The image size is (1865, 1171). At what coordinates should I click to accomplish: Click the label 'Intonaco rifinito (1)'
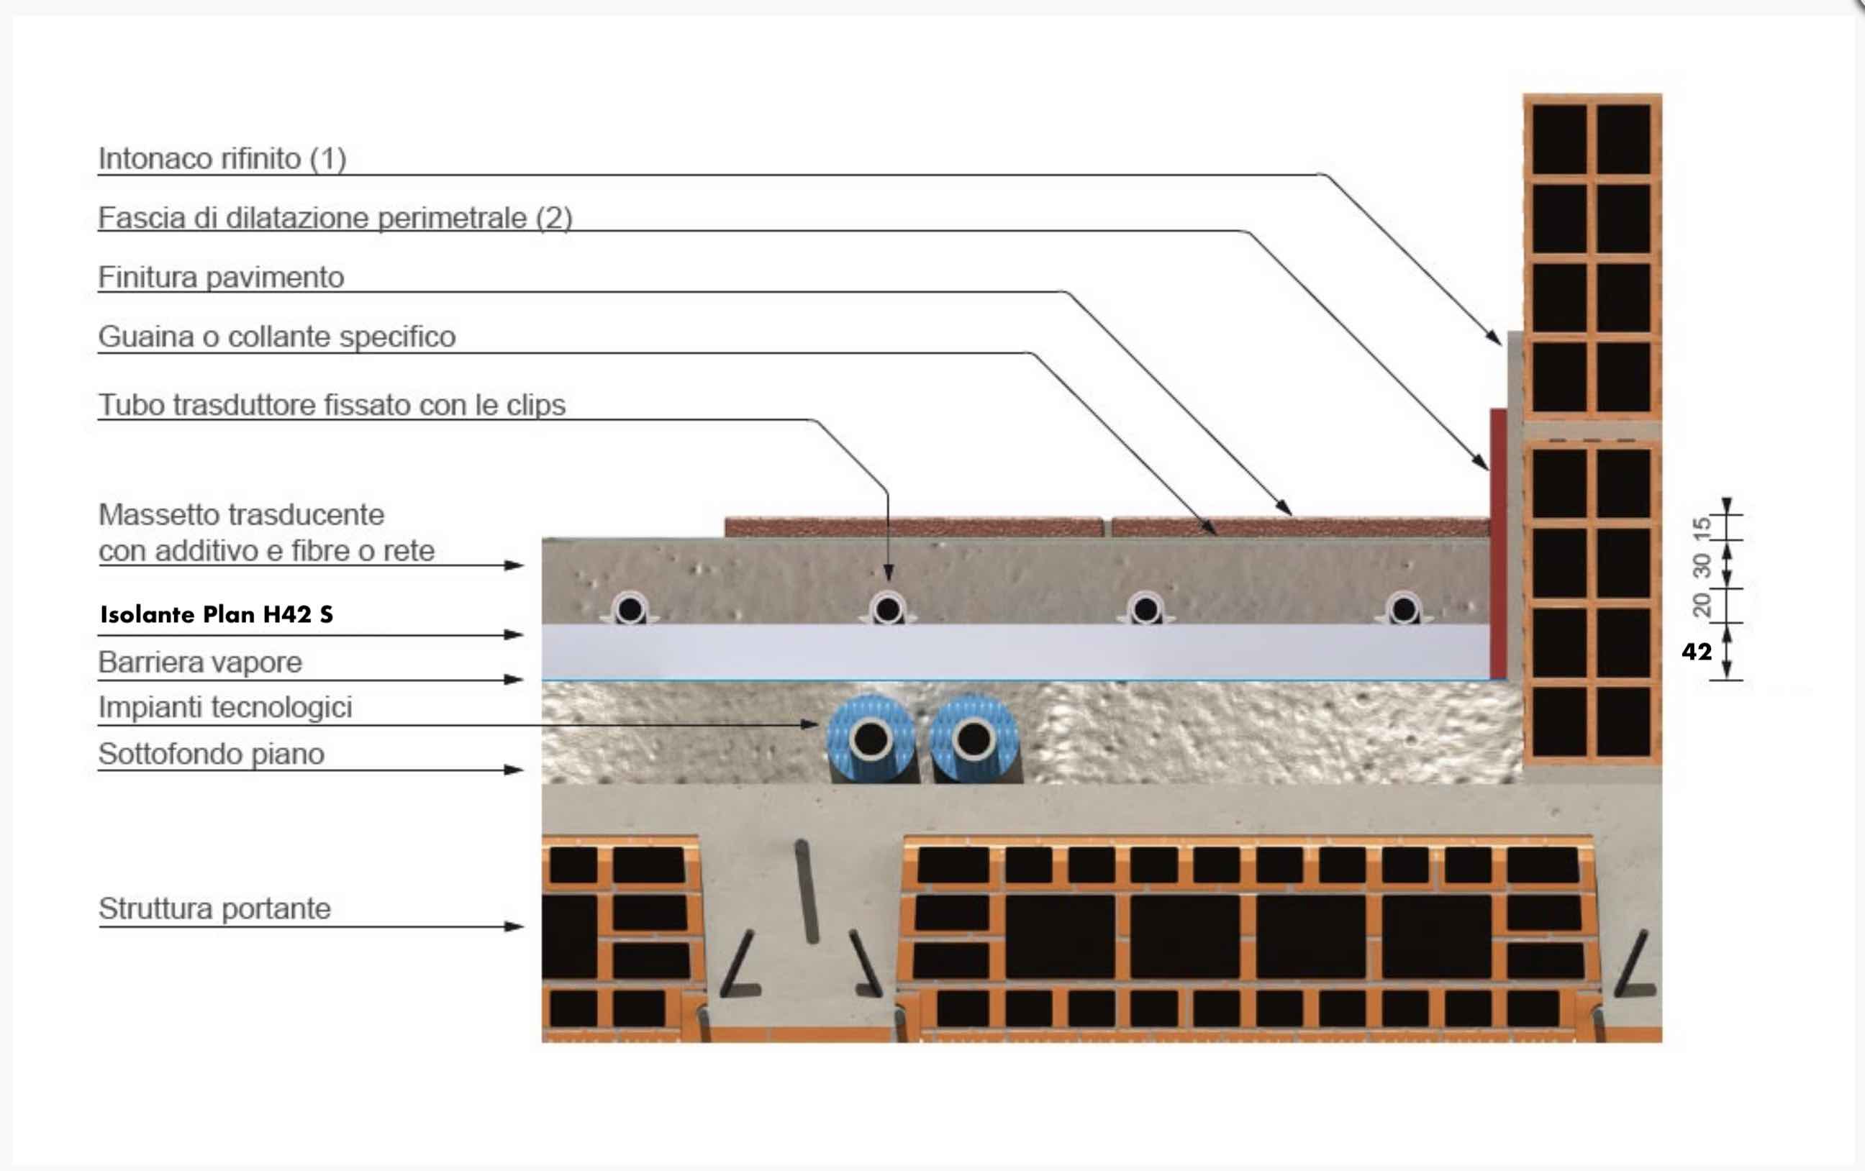pyautogui.click(x=222, y=159)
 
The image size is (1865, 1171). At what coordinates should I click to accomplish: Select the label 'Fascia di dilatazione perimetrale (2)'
pyautogui.click(x=335, y=218)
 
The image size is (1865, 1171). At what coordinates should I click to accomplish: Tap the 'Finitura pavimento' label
pyautogui.click(x=221, y=277)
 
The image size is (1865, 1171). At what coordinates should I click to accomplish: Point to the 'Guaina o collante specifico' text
pyautogui.click(x=276, y=337)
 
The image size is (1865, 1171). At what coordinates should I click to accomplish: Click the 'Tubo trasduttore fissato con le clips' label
pyautogui.click(x=332, y=405)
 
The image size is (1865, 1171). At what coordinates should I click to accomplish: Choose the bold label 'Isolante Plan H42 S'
pyautogui.click(x=217, y=614)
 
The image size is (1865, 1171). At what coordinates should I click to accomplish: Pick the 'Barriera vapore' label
pyautogui.click(x=200, y=662)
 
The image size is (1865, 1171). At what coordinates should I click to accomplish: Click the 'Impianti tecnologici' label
pyautogui.click(x=224, y=707)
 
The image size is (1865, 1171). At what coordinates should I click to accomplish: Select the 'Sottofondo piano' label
pyautogui.click(x=211, y=754)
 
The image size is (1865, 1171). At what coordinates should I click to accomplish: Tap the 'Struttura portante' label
pyautogui.click(x=214, y=908)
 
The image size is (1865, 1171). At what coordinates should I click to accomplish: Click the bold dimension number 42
pyautogui.click(x=1697, y=652)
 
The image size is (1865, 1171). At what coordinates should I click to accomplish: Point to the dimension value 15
pyautogui.click(x=1702, y=529)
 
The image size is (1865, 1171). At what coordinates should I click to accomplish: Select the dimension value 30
pyautogui.click(x=1702, y=565)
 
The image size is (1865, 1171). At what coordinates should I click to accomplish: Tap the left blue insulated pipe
pyautogui.click(x=871, y=739)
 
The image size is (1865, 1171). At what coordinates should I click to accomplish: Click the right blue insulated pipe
pyautogui.click(x=974, y=739)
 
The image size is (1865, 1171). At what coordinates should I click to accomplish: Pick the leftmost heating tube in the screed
pyautogui.click(x=630, y=609)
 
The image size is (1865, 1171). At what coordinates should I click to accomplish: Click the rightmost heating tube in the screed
pyautogui.click(x=1403, y=609)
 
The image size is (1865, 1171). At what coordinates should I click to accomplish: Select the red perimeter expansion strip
pyautogui.click(x=1498, y=544)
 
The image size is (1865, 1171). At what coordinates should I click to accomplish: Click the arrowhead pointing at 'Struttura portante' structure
pyautogui.click(x=514, y=926)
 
